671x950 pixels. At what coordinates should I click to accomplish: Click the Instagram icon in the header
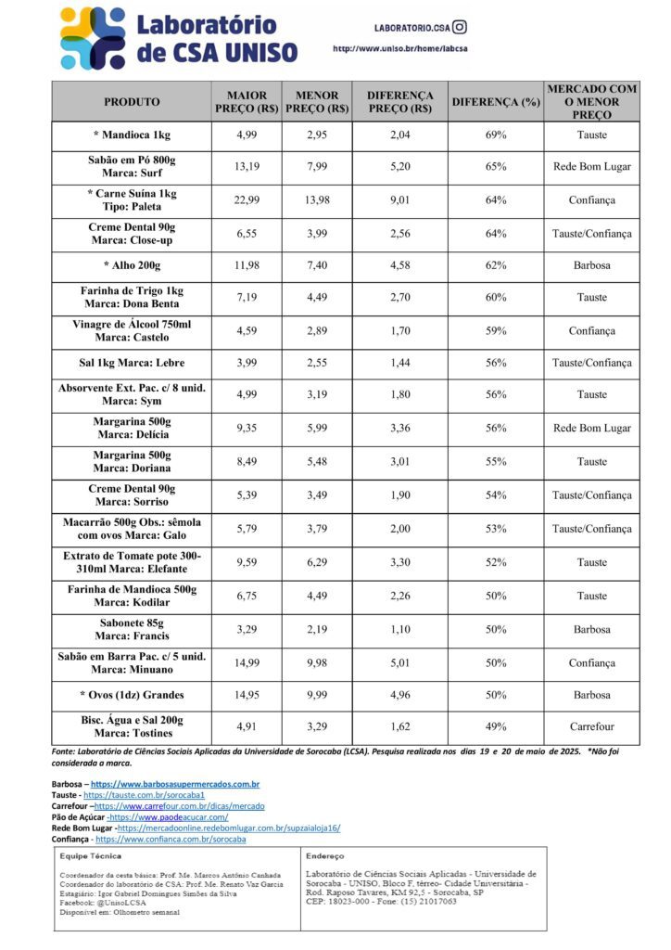pyautogui.click(x=459, y=27)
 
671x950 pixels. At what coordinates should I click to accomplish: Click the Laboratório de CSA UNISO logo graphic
pyautogui.click(x=92, y=37)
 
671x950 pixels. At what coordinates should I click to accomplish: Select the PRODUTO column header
pyautogui.click(x=132, y=102)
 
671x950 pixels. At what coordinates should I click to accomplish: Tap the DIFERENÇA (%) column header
pyautogui.click(x=496, y=102)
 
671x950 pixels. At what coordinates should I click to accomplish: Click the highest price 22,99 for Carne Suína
pyautogui.click(x=247, y=199)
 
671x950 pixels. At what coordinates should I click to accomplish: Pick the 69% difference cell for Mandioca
pyautogui.click(x=496, y=135)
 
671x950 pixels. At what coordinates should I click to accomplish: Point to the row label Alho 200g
pyautogui.click(x=132, y=265)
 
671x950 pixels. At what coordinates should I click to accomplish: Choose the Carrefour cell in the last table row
pyautogui.click(x=591, y=726)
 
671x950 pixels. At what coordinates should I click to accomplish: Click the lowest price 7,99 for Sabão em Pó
pyautogui.click(x=317, y=167)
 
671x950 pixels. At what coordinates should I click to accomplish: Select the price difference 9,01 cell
pyautogui.click(x=399, y=199)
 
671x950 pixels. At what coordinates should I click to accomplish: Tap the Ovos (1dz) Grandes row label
pyautogui.click(x=132, y=695)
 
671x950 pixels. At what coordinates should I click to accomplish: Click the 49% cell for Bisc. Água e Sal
pyautogui.click(x=496, y=726)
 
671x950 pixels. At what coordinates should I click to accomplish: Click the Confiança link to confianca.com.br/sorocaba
pyautogui.click(x=171, y=839)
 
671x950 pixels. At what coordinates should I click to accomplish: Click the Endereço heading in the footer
pyautogui.click(x=323, y=856)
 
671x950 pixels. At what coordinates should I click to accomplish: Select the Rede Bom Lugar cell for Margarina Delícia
pyautogui.click(x=591, y=428)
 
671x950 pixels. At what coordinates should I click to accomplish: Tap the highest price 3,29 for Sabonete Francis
pyautogui.click(x=247, y=629)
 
